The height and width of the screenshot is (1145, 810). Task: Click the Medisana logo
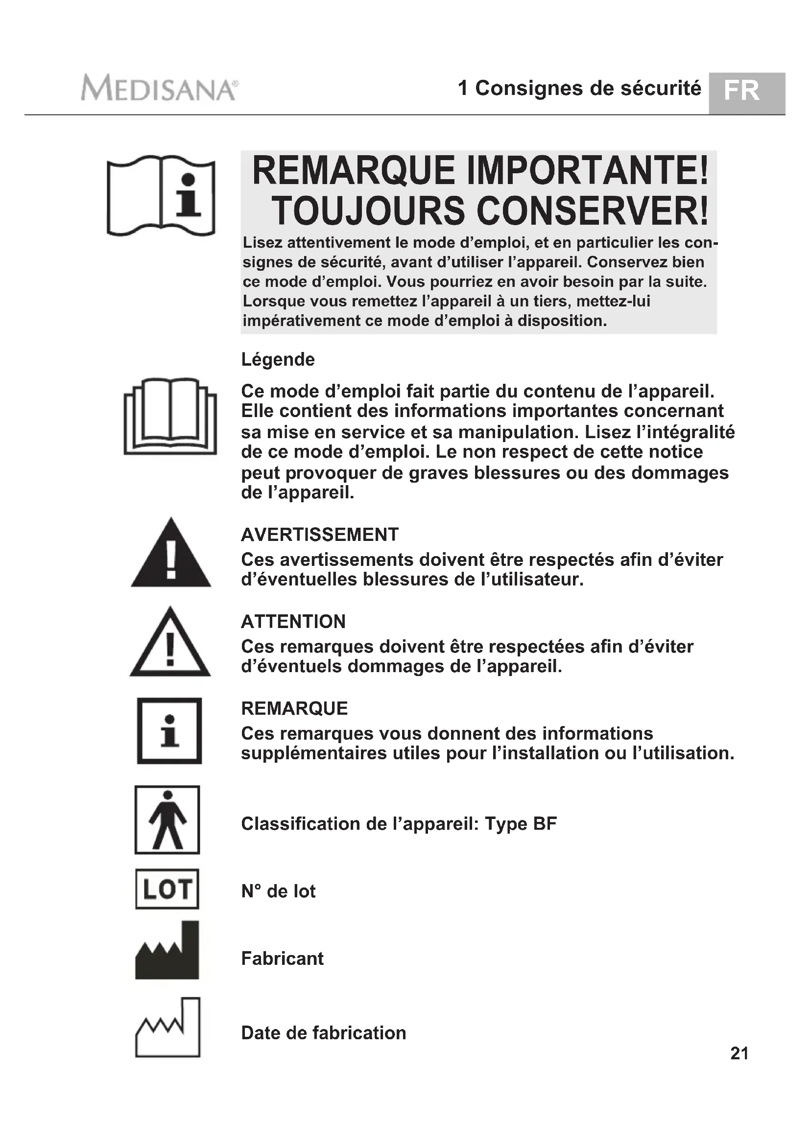click(159, 88)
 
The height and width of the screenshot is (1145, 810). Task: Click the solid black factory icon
click(167, 951)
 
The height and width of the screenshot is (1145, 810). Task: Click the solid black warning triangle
click(170, 554)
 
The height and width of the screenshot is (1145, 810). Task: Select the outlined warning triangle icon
click(170, 643)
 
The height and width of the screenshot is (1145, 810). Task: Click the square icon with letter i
click(169, 730)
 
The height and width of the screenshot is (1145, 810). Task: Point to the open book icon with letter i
click(161, 195)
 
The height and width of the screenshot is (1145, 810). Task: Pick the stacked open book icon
click(170, 417)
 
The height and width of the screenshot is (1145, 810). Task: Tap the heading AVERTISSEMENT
click(320, 535)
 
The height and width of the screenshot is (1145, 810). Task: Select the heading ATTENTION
click(293, 621)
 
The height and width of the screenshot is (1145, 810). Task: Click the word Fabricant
click(282, 958)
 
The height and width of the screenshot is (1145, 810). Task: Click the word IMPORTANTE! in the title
click(587, 170)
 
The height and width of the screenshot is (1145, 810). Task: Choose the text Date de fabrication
click(323, 1033)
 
